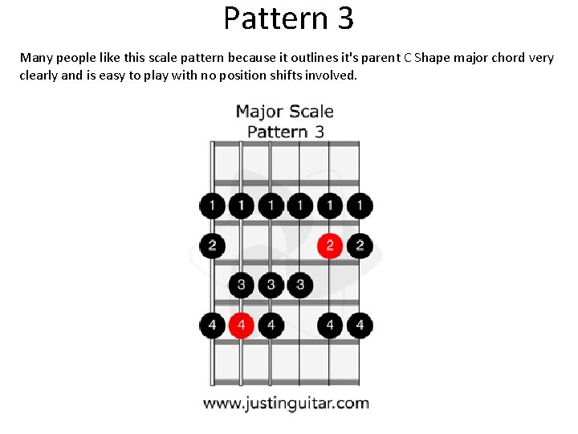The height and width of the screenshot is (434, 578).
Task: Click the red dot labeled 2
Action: (x=329, y=245)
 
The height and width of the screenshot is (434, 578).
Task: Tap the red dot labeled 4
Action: (x=241, y=325)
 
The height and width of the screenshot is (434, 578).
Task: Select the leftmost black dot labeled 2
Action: (x=212, y=245)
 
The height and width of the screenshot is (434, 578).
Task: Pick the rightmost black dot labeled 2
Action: (x=360, y=245)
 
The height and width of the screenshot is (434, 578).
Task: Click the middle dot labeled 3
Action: (x=271, y=285)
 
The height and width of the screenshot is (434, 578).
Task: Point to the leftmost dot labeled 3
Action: (x=241, y=285)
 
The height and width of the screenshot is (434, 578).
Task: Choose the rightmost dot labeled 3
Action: (x=300, y=285)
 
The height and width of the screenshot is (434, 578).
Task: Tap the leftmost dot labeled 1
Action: (x=212, y=206)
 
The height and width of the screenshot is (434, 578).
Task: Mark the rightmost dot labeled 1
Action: (x=360, y=206)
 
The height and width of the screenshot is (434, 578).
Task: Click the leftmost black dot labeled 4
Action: (x=212, y=325)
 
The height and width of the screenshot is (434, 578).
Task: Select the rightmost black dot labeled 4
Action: (x=360, y=325)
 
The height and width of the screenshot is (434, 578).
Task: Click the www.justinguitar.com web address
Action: (x=286, y=403)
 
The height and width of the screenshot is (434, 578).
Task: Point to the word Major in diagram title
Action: (x=258, y=112)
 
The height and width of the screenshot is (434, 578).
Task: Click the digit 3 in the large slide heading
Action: (x=345, y=18)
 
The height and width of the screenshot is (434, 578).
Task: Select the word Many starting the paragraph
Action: (x=36, y=58)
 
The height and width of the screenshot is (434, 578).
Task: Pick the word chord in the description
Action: (x=503, y=58)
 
